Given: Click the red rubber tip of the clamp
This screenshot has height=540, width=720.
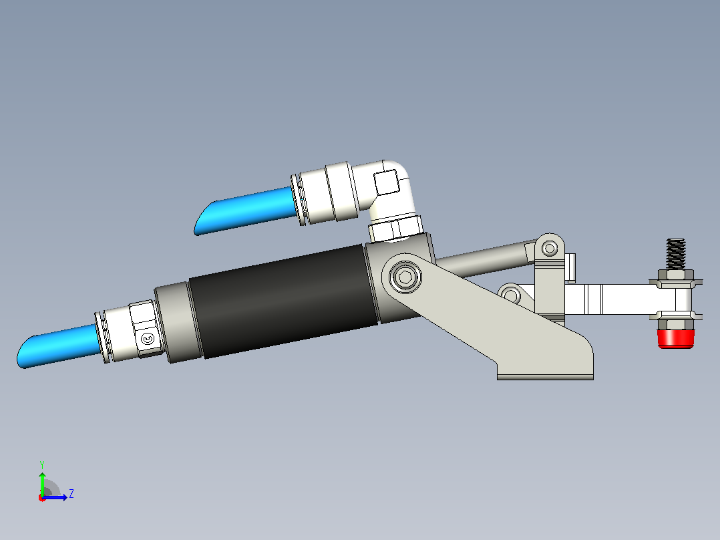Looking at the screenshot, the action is tap(675, 338).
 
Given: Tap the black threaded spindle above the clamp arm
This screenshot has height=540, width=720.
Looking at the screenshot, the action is tap(676, 254).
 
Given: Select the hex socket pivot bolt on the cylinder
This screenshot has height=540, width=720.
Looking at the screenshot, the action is tap(405, 277).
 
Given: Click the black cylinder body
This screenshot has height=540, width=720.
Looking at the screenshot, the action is tap(283, 301).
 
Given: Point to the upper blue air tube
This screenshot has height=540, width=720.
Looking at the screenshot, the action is tap(246, 210).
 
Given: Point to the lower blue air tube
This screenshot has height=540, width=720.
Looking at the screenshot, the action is tap(59, 346).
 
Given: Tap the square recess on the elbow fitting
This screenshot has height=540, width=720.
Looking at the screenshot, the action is tap(386, 182).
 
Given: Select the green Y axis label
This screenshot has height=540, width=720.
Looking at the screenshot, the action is tap(42, 464).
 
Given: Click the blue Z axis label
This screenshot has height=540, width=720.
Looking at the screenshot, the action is tap(71, 494).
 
